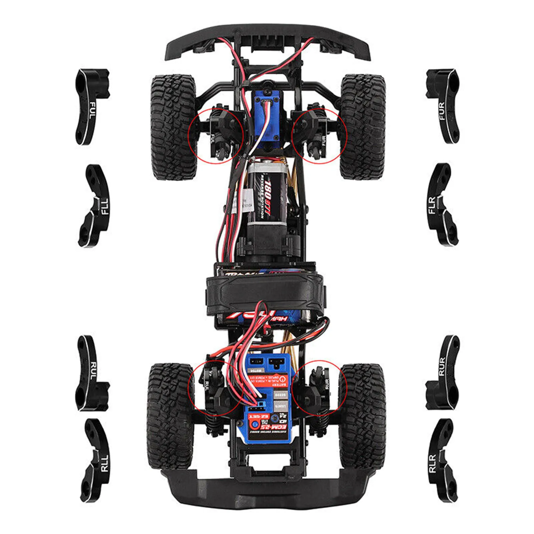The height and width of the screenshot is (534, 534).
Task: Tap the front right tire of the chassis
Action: pos(363,127)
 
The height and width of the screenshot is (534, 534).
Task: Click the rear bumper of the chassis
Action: pos(267,491)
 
